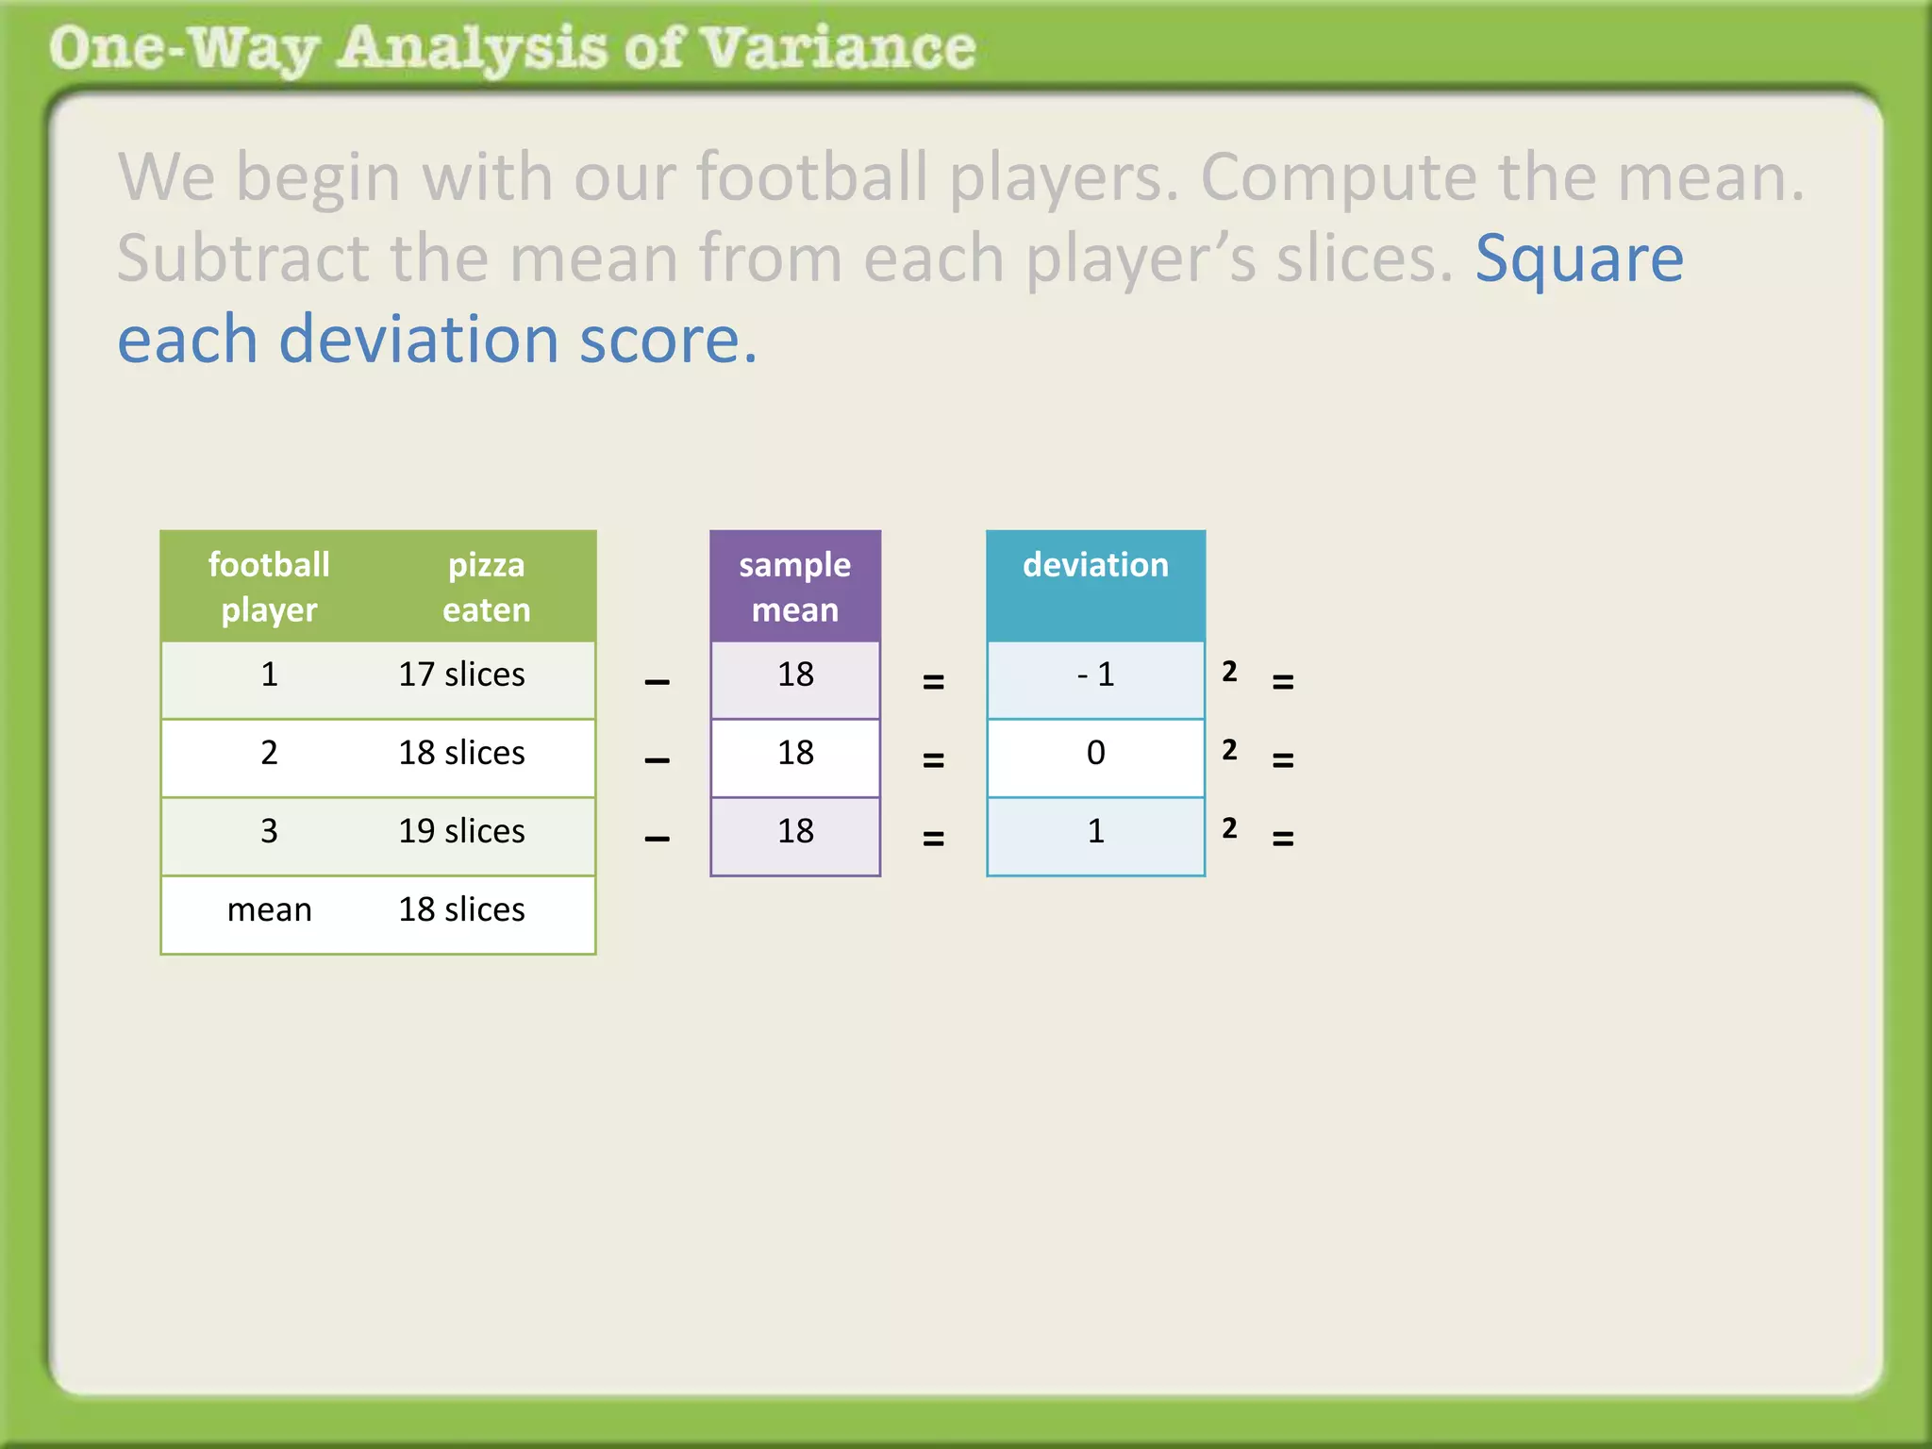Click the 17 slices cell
[x=461, y=675]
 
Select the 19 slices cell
[x=461, y=832]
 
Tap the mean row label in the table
[x=269, y=910]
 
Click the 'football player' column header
[x=269, y=587]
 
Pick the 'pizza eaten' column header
[x=486, y=587]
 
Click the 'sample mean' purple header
[x=794, y=587]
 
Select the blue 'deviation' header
[x=1095, y=565]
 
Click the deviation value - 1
[x=1095, y=675]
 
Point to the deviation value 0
[x=1095, y=754]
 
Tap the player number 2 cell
[x=269, y=754]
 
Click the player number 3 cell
[x=269, y=832]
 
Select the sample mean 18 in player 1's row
[x=795, y=675]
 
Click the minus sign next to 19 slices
[x=658, y=838]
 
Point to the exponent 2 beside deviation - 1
[x=1229, y=672]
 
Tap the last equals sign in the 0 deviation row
[x=1283, y=759]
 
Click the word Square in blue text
[x=1579, y=258]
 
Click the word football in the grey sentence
[x=811, y=177]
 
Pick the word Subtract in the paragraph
[x=243, y=258]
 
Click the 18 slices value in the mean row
[x=461, y=910]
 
